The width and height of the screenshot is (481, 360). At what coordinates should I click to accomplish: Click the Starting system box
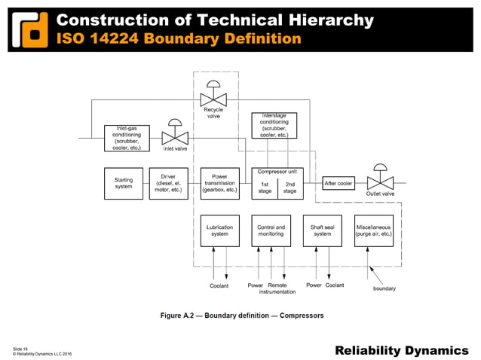pos(124,184)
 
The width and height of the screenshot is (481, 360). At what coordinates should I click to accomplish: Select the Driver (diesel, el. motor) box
pos(168,184)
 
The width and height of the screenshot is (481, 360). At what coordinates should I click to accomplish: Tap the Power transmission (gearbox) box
pos(219,184)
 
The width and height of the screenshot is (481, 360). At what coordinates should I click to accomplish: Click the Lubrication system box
pos(219,230)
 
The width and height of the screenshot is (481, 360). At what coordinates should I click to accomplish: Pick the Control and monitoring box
pos(271,230)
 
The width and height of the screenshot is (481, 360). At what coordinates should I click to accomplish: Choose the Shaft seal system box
pos(322,230)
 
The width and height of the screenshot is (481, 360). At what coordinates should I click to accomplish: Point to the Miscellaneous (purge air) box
pos(375,230)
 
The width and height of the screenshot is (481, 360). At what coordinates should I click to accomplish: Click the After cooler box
pos(339,184)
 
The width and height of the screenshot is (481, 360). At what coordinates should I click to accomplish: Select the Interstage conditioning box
pos(274,125)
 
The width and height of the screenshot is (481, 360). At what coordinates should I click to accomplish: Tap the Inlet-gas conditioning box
pos(124,138)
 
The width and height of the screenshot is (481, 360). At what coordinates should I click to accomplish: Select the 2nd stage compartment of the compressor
pos(290,188)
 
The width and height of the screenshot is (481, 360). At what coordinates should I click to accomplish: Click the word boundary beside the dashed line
pos(384,288)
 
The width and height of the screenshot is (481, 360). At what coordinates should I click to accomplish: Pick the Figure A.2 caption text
pos(242,316)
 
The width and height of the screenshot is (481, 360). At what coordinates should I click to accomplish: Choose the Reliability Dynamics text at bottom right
pos(401,349)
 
